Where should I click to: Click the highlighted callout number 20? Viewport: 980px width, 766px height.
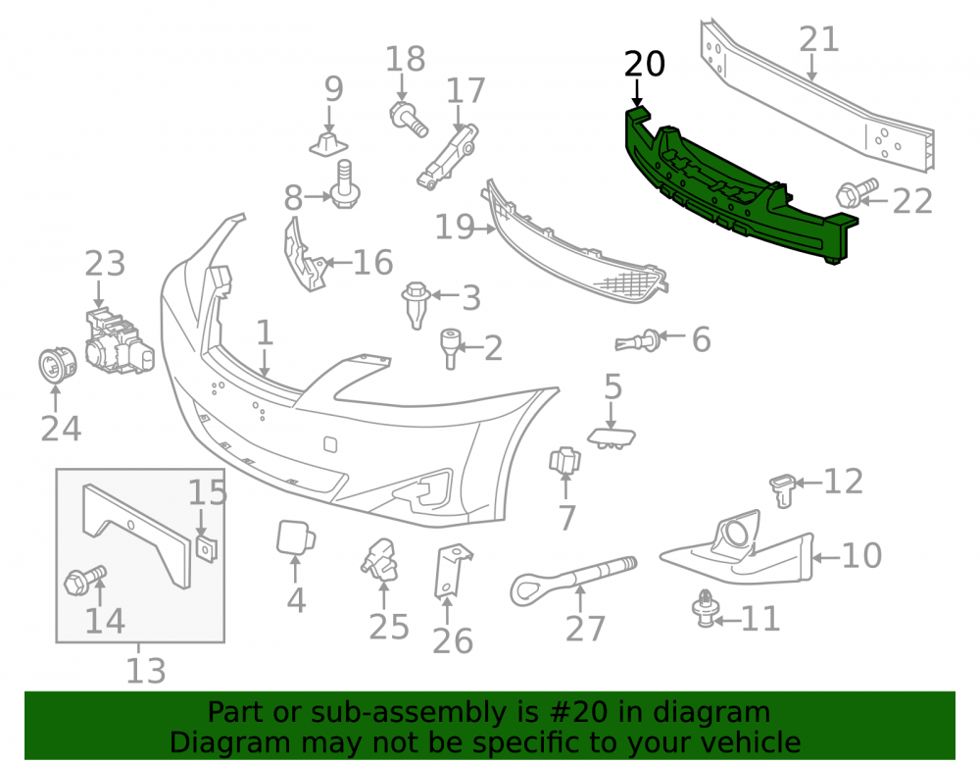click(x=645, y=64)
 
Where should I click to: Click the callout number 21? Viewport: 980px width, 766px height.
click(x=818, y=39)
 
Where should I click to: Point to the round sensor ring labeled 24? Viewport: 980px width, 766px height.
click(x=58, y=365)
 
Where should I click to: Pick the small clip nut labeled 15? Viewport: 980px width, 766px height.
click(x=207, y=547)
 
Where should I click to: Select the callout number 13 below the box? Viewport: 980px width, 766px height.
click(x=146, y=670)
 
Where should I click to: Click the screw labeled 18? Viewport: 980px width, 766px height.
click(x=409, y=119)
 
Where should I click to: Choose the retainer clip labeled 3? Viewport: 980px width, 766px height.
click(x=416, y=304)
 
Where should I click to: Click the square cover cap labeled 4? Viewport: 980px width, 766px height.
click(x=296, y=537)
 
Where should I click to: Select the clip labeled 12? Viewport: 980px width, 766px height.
click(x=782, y=490)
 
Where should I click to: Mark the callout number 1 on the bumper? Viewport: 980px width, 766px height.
click(x=265, y=332)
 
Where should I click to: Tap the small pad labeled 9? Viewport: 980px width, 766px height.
click(x=328, y=145)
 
